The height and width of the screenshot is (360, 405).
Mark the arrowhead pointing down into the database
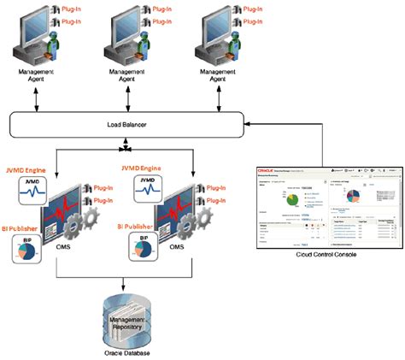click(128, 286)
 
